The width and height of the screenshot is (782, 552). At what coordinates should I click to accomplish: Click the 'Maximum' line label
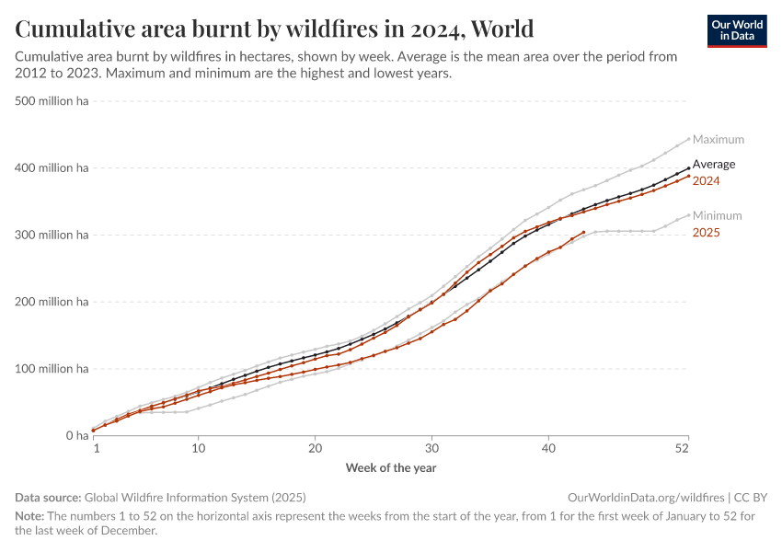[x=718, y=140]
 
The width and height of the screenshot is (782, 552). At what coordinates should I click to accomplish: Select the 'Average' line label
[x=713, y=165]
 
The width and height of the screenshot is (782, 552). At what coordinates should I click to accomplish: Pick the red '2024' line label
[x=706, y=181]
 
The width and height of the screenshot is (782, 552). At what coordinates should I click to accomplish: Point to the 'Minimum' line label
[x=717, y=216]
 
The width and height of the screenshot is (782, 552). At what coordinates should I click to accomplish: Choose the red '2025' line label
[x=706, y=233]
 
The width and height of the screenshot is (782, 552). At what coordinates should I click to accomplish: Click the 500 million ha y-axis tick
[x=52, y=101]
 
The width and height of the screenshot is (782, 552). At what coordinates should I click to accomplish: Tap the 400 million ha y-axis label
[x=52, y=168]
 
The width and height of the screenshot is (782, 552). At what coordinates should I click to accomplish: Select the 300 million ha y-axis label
[x=52, y=236]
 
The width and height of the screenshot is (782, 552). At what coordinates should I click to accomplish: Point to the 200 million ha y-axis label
[x=52, y=302]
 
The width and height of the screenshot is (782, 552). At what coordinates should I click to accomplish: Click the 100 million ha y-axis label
[x=52, y=369]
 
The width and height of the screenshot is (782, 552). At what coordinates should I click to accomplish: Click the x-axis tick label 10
[x=199, y=448]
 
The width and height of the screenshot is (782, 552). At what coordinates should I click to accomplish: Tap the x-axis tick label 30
[x=431, y=448]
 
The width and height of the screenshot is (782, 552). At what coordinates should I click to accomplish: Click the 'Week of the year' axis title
[x=391, y=467]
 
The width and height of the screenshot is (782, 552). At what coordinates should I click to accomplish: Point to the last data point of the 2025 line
[x=583, y=233]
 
